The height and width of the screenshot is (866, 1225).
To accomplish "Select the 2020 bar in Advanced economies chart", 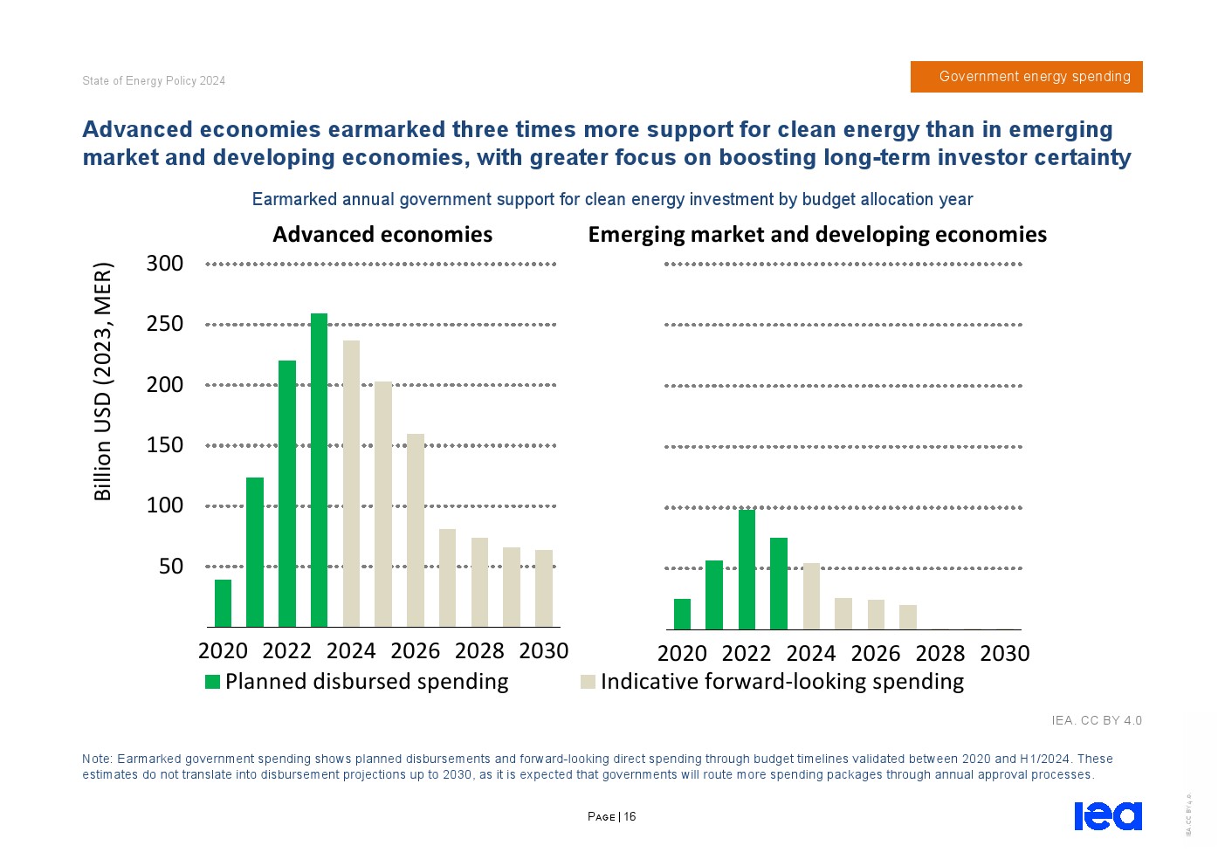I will [x=223, y=603].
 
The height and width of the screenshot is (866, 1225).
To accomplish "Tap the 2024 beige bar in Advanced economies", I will [x=351, y=484].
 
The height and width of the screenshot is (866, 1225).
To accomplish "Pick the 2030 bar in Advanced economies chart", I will [x=544, y=588].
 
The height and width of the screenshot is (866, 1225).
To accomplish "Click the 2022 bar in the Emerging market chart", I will [x=747, y=569].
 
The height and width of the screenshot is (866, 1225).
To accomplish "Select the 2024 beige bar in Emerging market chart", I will [x=811, y=596].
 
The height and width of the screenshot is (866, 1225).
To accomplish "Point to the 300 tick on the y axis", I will [x=165, y=264].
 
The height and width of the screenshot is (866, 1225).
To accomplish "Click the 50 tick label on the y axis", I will [x=171, y=567].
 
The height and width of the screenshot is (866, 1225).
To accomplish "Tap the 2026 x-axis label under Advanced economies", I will [x=416, y=651].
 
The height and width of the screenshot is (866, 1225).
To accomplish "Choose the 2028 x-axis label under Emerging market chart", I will [x=940, y=654].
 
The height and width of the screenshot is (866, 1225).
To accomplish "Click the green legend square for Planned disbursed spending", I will [x=212, y=682].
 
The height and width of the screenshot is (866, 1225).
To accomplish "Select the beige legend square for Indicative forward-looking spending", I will [x=588, y=682].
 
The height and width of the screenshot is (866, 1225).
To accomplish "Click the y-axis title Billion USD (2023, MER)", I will [x=103, y=381].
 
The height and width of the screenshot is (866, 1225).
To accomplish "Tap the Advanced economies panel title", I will [x=382, y=235].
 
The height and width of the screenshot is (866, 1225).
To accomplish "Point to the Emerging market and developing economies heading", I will [x=817, y=235].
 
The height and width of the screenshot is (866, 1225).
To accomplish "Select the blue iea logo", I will [x=1107, y=815].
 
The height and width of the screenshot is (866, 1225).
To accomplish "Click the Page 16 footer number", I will [x=612, y=817].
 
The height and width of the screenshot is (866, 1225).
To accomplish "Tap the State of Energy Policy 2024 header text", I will [x=154, y=81].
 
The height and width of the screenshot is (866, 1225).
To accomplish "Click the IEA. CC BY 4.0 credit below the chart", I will [x=1097, y=721].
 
